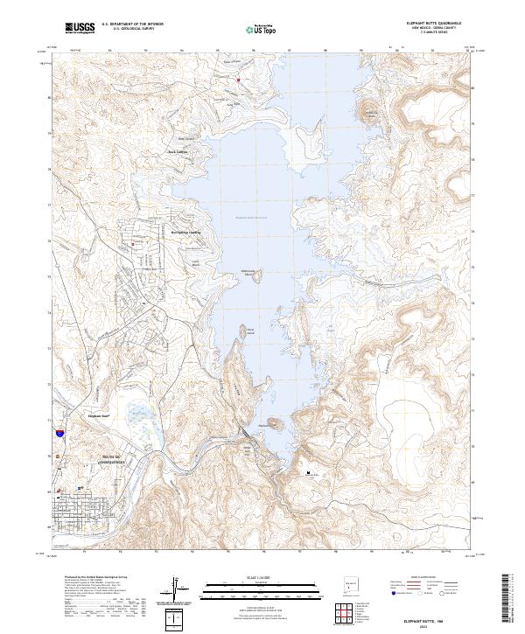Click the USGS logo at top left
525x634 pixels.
79,28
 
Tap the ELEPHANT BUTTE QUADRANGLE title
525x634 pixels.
434,22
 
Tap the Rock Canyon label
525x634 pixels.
178,151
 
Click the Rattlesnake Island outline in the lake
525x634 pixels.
257,277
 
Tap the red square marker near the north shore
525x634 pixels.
237,80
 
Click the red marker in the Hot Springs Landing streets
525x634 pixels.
133,244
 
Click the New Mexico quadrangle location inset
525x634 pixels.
352,582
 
